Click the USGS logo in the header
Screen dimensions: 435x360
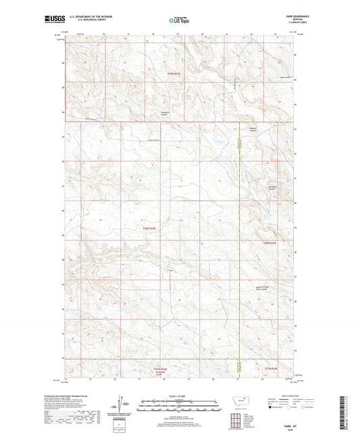[54, 20]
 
